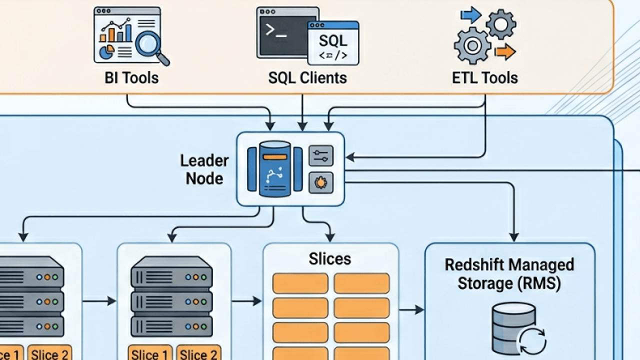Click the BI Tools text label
pos(131,77)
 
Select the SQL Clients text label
pos(307,77)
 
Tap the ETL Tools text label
pos(484,77)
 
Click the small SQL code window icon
pos(333,43)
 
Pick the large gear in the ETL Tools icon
pos(471,45)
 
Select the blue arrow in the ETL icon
pos(470,15)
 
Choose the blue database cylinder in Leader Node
pos(275,168)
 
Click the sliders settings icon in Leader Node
pos(320,156)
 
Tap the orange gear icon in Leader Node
pos(320,183)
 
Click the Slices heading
pos(329,258)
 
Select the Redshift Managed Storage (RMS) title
pos(509,273)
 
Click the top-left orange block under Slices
pos(300,283)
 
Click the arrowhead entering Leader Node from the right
pos(349,157)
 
